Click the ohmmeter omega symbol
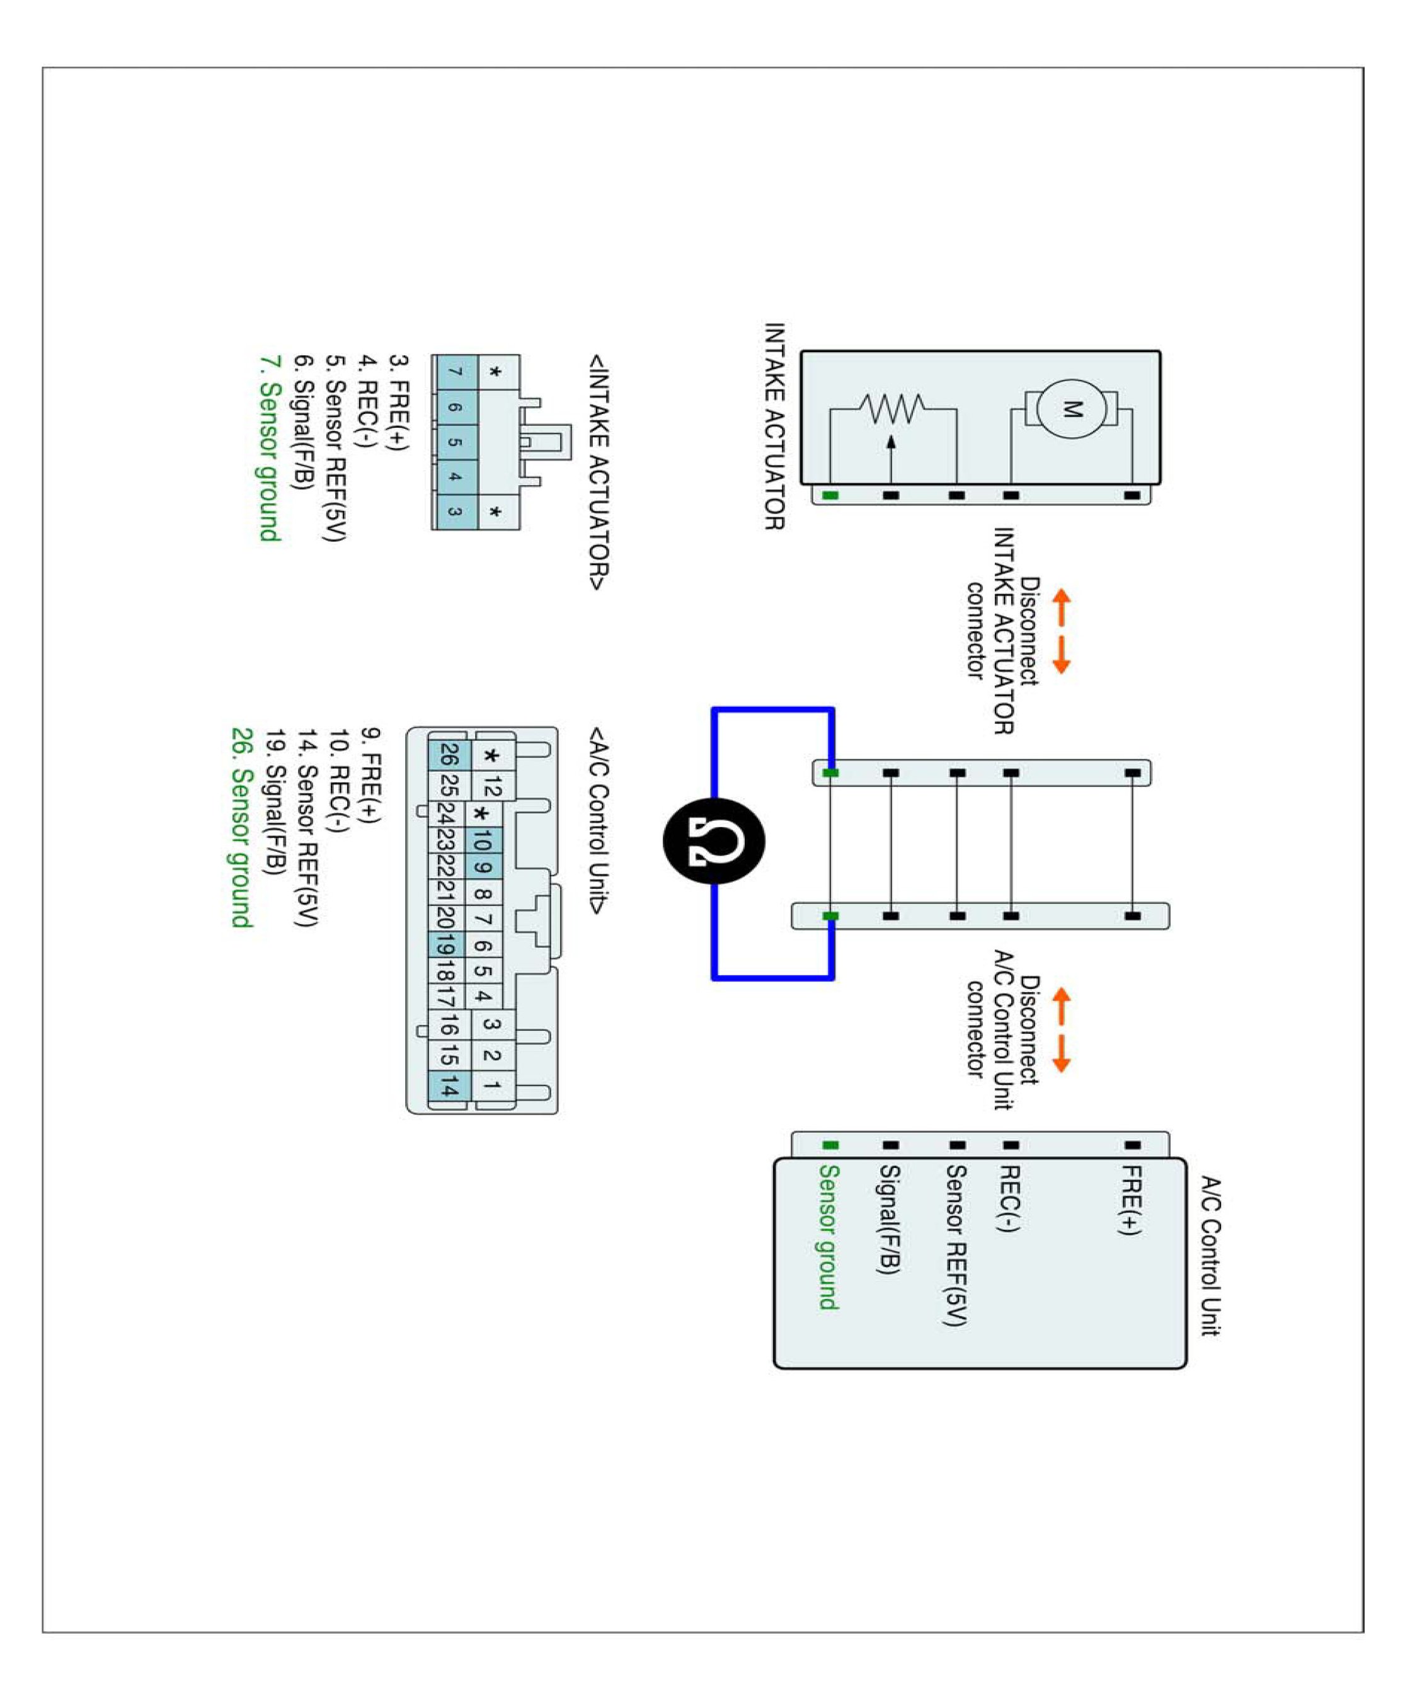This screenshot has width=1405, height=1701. [x=714, y=841]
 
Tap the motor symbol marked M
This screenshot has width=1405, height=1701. [x=1070, y=409]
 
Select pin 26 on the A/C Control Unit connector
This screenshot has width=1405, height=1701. [x=449, y=755]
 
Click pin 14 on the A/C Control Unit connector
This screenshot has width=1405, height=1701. [x=449, y=1086]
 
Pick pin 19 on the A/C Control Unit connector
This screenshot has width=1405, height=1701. [x=445, y=944]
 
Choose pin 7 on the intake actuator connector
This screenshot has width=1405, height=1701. [x=455, y=372]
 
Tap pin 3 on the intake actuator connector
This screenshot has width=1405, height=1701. [x=455, y=512]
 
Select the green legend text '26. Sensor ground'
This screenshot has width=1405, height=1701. [x=242, y=827]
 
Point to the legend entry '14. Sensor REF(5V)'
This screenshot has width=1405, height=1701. [x=307, y=827]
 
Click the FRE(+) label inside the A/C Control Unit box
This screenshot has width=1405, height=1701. [x=1131, y=1200]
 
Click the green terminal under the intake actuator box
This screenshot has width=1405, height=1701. [x=830, y=495]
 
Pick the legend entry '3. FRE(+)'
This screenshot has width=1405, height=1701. [x=399, y=401]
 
